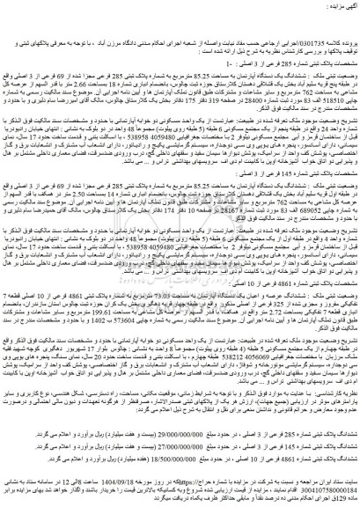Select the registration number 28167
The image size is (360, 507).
pos(167,237)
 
